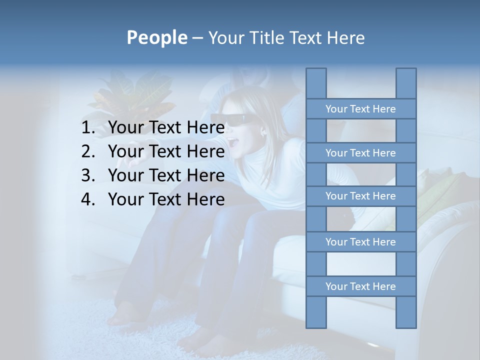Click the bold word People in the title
pyautogui.click(x=156, y=37)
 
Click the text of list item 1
pyautogui.click(x=166, y=128)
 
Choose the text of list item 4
pyautogui.click(x=166, y=199)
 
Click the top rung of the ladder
pyautogui.click(x=360, y=109)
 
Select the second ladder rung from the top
pyautogui.click(x=360, y=153)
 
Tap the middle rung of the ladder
pyautogui.click(x=360, y=196)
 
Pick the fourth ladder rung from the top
pyautogui.click(x=360, y=242)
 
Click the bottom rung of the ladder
pyautogui.click(x=360, y=286)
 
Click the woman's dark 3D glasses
pyautogui.click(x=228, y=120)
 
